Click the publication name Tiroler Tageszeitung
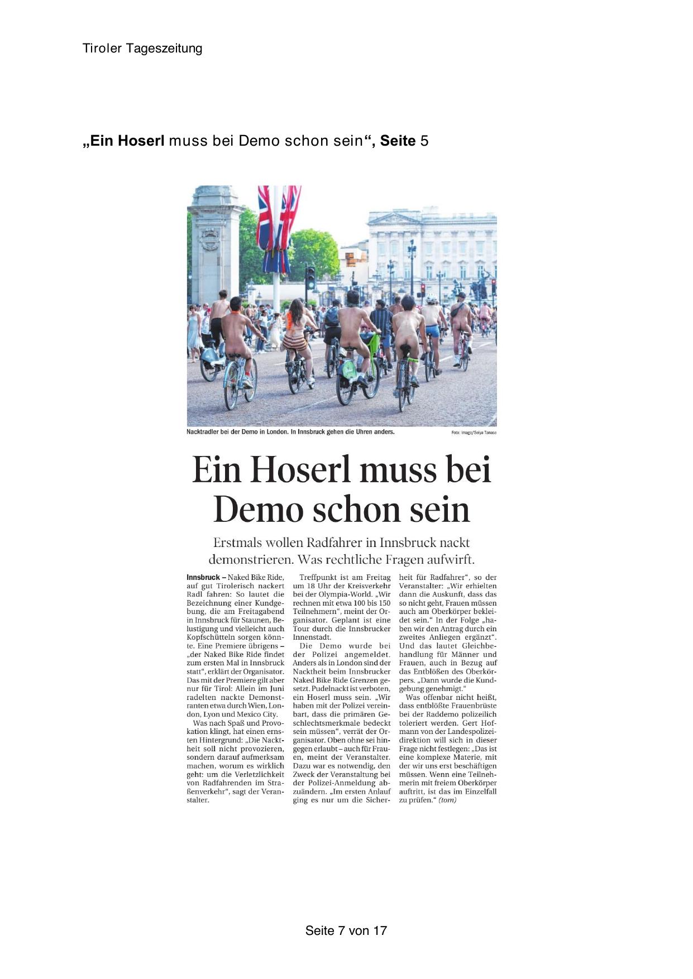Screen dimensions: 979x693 coord(142,49)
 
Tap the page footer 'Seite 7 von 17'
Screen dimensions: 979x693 coord(346,930)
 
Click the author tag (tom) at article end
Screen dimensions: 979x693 coord(447,800)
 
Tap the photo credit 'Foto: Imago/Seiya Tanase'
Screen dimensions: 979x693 coord(474,433)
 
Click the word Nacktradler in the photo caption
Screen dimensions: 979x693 coord(203,432)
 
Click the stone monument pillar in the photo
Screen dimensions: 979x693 coord(215,246)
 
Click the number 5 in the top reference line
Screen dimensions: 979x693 coord(424,141)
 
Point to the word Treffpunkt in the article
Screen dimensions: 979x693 coord(318,577)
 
